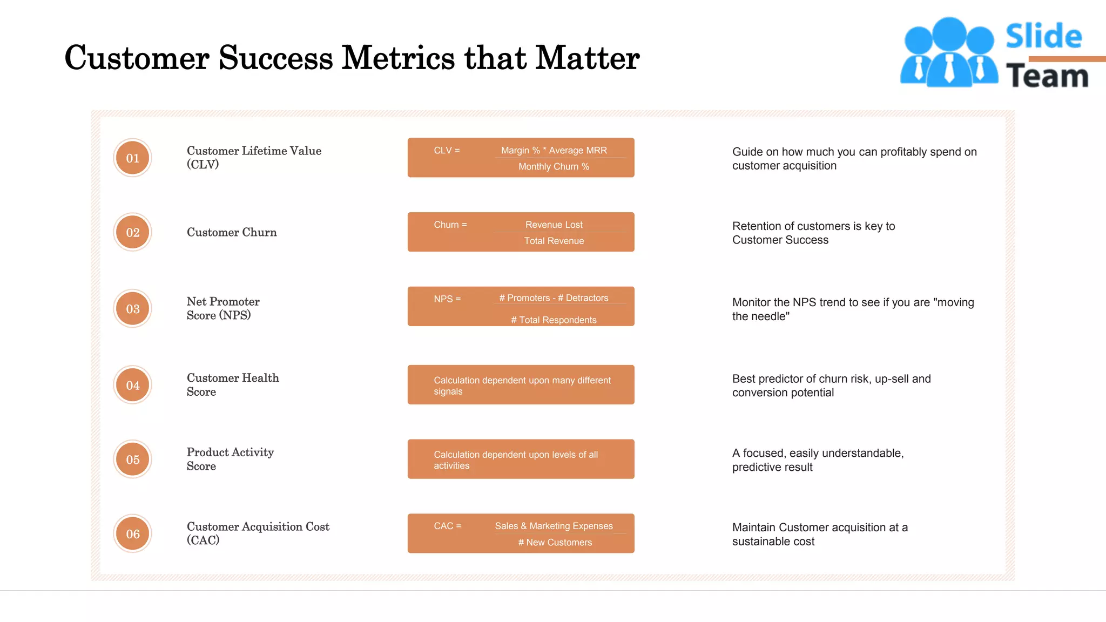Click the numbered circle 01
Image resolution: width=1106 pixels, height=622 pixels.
click(x=132, y=158)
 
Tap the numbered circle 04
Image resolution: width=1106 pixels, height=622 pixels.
click(x=132, y=385)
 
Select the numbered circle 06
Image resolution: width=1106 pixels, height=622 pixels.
click(x=132, y=534)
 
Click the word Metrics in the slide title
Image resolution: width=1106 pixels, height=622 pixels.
click(x=399, y=58)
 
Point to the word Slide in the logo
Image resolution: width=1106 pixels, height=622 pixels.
click(x=1043, y=36)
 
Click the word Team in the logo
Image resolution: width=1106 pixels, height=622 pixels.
click(x=1047, y=76)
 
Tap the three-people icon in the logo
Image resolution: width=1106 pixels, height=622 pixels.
click(x=949, y=52)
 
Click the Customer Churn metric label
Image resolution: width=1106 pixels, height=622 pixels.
click(x=232, y=232)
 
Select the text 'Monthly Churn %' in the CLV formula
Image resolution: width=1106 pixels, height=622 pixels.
click(x=554, y=167)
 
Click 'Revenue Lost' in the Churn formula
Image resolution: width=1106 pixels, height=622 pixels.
click(x=554, y=225)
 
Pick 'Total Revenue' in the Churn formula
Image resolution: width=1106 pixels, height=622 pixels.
click(x=554, y=241)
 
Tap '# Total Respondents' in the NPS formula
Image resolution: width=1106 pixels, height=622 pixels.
click(x=554, y=320)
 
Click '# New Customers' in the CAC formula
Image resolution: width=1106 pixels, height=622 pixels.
click(x=555, y=543)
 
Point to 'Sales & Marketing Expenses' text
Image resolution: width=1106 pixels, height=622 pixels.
click(x=554, y=526)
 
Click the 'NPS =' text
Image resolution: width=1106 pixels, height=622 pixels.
click(x=447, y=299)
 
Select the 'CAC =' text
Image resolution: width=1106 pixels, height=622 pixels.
click(x=447, y=526)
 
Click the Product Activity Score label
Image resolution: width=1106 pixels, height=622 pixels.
click(x=230, y=459)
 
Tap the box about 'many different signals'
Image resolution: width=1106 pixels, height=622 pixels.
click(x=521, y=385)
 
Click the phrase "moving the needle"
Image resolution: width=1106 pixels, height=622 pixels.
click(x=853, y=309)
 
